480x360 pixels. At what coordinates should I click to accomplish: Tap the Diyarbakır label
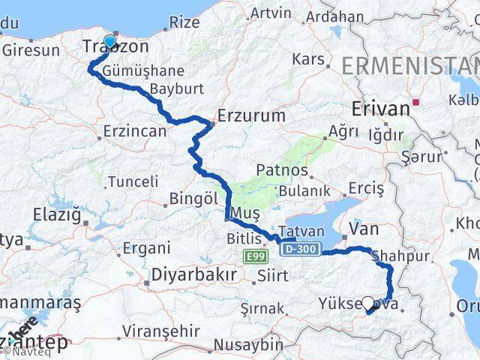tap(194, 274)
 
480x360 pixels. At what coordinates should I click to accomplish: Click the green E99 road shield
tap(256, 257)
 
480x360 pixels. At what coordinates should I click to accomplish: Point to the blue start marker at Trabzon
tap(110, 42)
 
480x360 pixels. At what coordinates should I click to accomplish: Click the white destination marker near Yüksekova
tap(367, 304)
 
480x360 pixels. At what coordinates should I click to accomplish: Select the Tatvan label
tap(300, 231)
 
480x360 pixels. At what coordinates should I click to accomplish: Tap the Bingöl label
tap(193, 199)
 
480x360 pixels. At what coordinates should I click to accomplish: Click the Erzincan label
tap(135, 131)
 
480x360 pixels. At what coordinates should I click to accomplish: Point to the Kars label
tap(307, 60)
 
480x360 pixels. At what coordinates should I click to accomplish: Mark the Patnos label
tap(283, 170)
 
